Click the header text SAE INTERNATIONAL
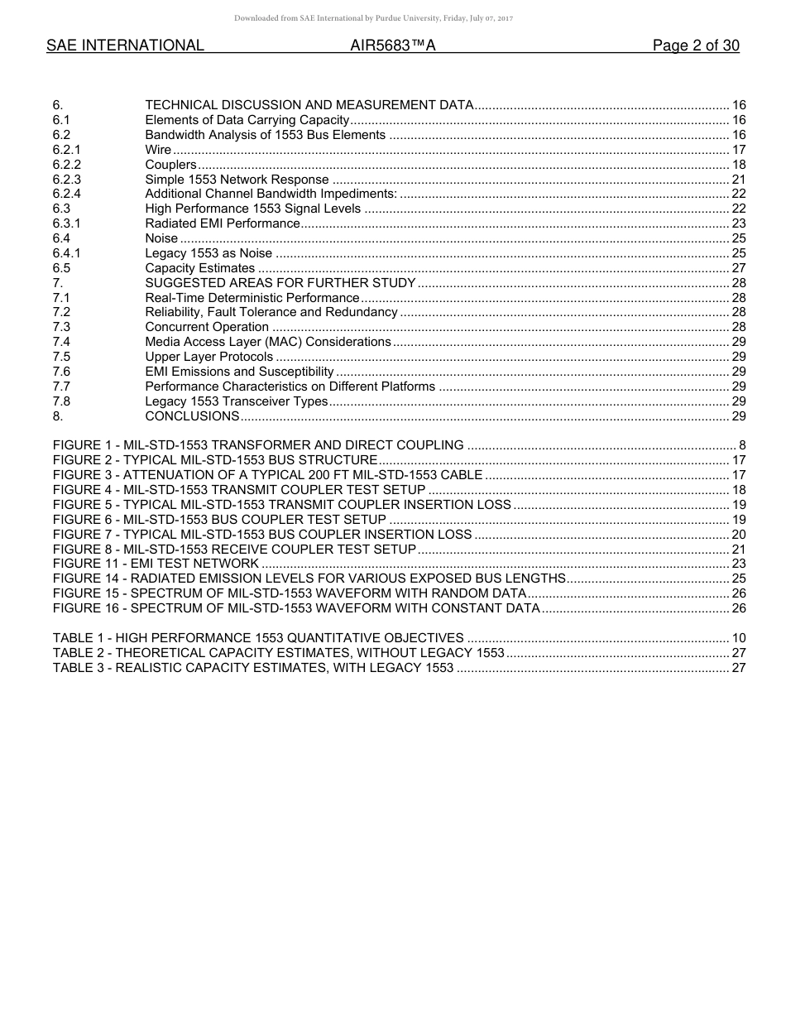pyautogui.click(x=125, y=46)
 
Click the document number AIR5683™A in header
pyautogui.click(x=393, y=46)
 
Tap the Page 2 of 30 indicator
pyautogui.click(x=696, y=46)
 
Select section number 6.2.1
pyautogui.click(x=66, y=150)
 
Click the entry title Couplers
pyautogui.click(x=170, y=165)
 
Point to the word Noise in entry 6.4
pyautogui.click(x=161, y=238)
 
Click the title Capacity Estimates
pyautogui.click(x=199, y=268)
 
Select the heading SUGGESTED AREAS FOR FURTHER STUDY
pyautogui.click(x=280, y=283)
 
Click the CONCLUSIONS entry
pyautogui.click(x=192, y=416)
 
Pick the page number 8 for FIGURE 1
pyautogui.click(x=742, y=445)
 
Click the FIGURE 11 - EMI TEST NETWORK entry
pyautogui.click(x=156, y=564)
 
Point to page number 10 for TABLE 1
pyautogui.click(x=739, y=638)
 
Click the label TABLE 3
pyautogui.click(x=79, y=668)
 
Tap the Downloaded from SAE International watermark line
pyautogui.click(x=374, y=17)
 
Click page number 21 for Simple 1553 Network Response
pyautogui.click(x=739, y=180)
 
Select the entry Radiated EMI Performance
pyautogui.click(x=222, y=223)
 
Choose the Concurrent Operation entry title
pyautogui.click(x=207, y=327)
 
